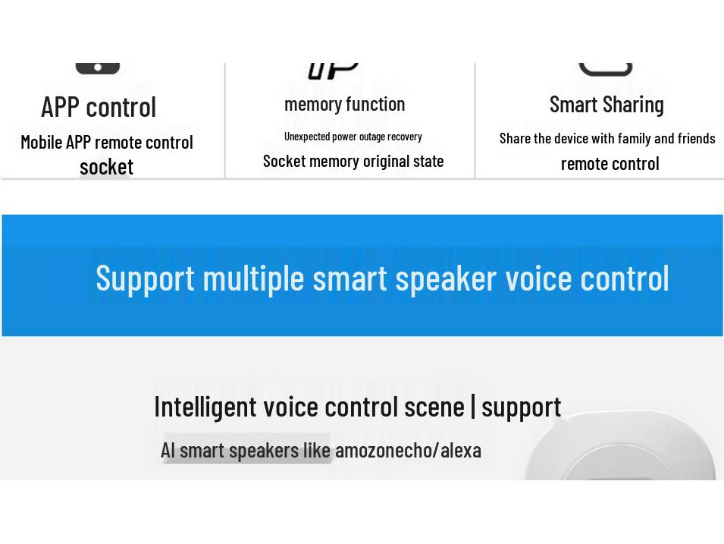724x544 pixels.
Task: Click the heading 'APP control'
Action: [99, 107]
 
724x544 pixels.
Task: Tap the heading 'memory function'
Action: [344, 104]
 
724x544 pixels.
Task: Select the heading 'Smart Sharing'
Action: [606, 104]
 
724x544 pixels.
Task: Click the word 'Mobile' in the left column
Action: [41, 142]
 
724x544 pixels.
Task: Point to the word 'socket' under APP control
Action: [106, 166]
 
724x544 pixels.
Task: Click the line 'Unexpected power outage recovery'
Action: [353, 137]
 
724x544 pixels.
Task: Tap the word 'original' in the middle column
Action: [381, 161]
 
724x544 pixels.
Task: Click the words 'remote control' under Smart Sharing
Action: [610, 163]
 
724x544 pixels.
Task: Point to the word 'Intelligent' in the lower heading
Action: [205, 407]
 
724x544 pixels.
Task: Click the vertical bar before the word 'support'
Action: [473, 406]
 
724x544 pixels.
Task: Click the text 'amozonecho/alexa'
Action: [408, 450]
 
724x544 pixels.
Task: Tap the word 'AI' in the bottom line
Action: [168, 450]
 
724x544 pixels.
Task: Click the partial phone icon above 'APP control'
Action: [98, 68]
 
